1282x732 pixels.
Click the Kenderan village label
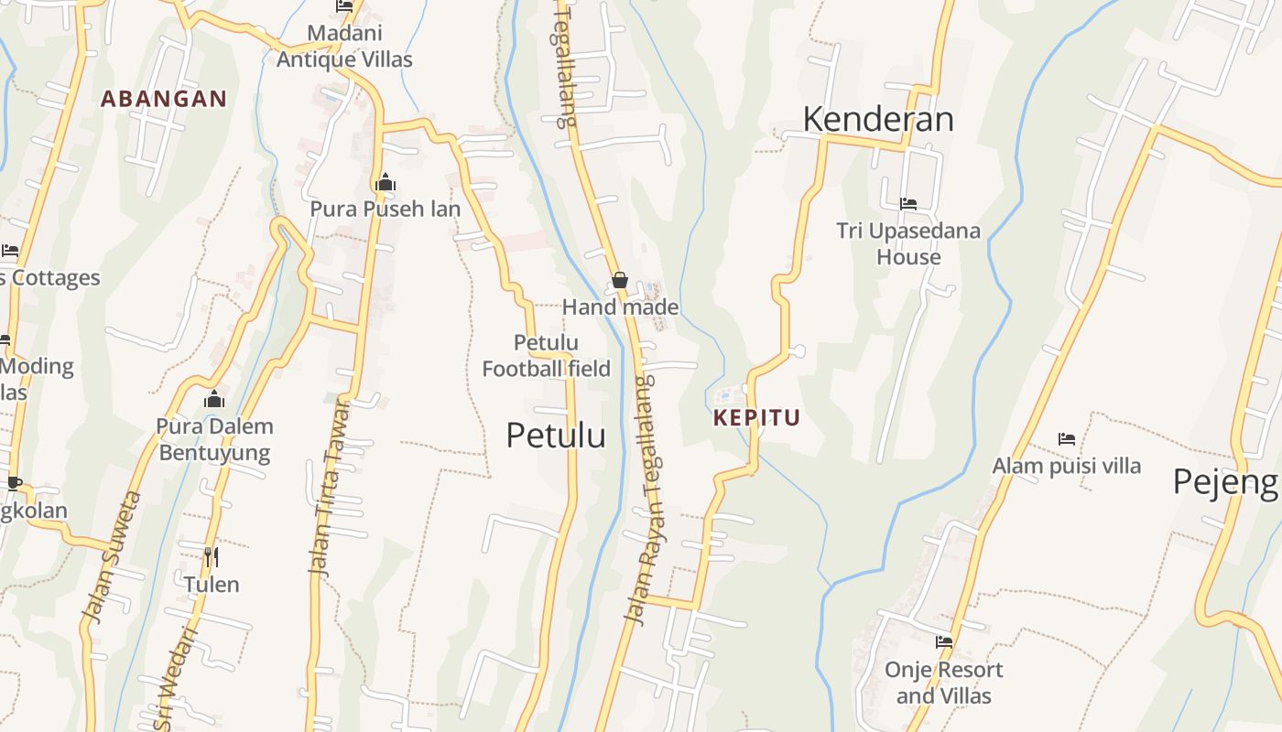pos(878,119)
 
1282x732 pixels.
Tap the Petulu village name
pos(556,436)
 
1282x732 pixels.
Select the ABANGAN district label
pos(164,99)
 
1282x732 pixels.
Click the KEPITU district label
pos(756,418)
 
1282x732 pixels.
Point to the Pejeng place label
pos(1225,481)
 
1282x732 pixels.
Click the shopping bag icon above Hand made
pos(620,280)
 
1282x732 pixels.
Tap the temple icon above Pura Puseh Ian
pos(386,182)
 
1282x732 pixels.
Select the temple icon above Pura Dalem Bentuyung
pos(214,399)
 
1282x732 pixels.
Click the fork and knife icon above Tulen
pos(212,556)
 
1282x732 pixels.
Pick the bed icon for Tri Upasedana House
pos(908,203)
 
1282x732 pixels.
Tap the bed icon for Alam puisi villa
pos(1067,439)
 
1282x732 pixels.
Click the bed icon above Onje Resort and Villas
pos(944,641)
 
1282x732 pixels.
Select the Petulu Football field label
pos(546,356)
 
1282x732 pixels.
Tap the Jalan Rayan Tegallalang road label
pos(648,499)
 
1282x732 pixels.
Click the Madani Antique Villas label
pos(344,47)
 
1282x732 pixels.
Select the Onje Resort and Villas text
pos(943,683)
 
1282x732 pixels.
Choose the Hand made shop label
pos(620,307)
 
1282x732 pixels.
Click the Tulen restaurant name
pos(212,585)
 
